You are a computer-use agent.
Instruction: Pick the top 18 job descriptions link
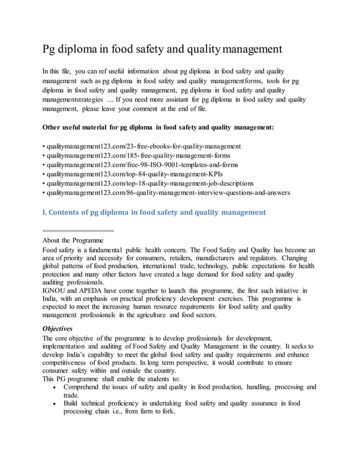click(150, 183)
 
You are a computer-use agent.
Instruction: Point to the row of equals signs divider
click(78, 230)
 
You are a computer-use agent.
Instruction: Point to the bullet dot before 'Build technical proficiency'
click(53, 403)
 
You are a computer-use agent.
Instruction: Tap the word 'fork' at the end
click(167, 411)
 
